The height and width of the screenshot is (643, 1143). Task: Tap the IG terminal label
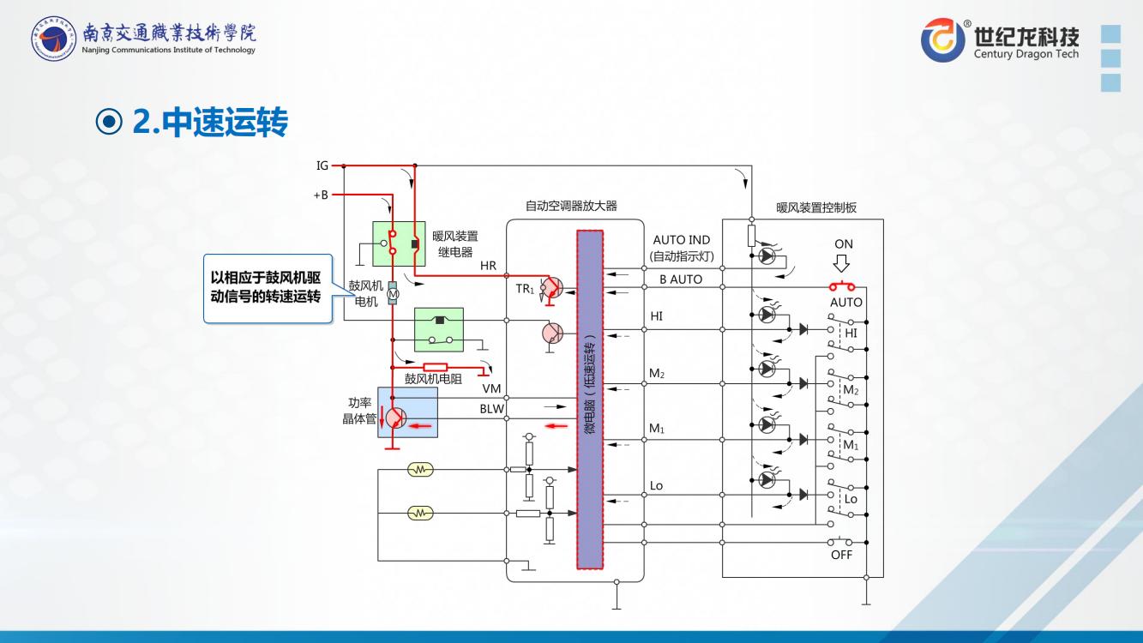pyautogui.click(x=322, y=165)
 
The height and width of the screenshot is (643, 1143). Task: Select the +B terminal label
pyautogui.click(x=321, y=195)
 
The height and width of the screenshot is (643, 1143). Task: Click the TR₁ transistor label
pyautogui.click(x=525, y=290)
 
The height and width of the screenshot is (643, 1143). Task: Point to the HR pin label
pyautogui.click(x=488, y=266)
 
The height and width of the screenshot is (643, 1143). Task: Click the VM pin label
pyautogui.click(x=491, y=388)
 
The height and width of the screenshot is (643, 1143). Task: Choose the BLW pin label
pyautogui.click(x=491, y=409)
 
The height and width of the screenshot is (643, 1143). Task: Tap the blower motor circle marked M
pyautogui.click(x=393, y=294)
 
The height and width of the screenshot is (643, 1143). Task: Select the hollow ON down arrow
pyautogui.click(x=843, y=265)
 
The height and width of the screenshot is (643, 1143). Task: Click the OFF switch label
pyautogui.click(x=841, y=556)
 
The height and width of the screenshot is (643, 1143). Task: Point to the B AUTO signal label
pyautogui.click(x=680, y=279)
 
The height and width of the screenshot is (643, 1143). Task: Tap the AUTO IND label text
pyautogui.click(x=681, y=240)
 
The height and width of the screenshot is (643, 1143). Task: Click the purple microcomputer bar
pyautogui.click(x=590, y=400)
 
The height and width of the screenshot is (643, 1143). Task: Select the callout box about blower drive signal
pyautogui.click(x=267, y=288)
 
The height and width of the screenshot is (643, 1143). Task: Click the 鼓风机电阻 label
pyautogui.click(x=433, y=378)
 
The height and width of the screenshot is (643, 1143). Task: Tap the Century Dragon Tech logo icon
pyautogui.click(x=942, y=39)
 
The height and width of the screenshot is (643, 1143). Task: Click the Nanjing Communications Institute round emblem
pyautogui.click(x=53, y=39)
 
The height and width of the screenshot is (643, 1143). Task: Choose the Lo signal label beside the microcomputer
pyautogui.click(x=656, y=486)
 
